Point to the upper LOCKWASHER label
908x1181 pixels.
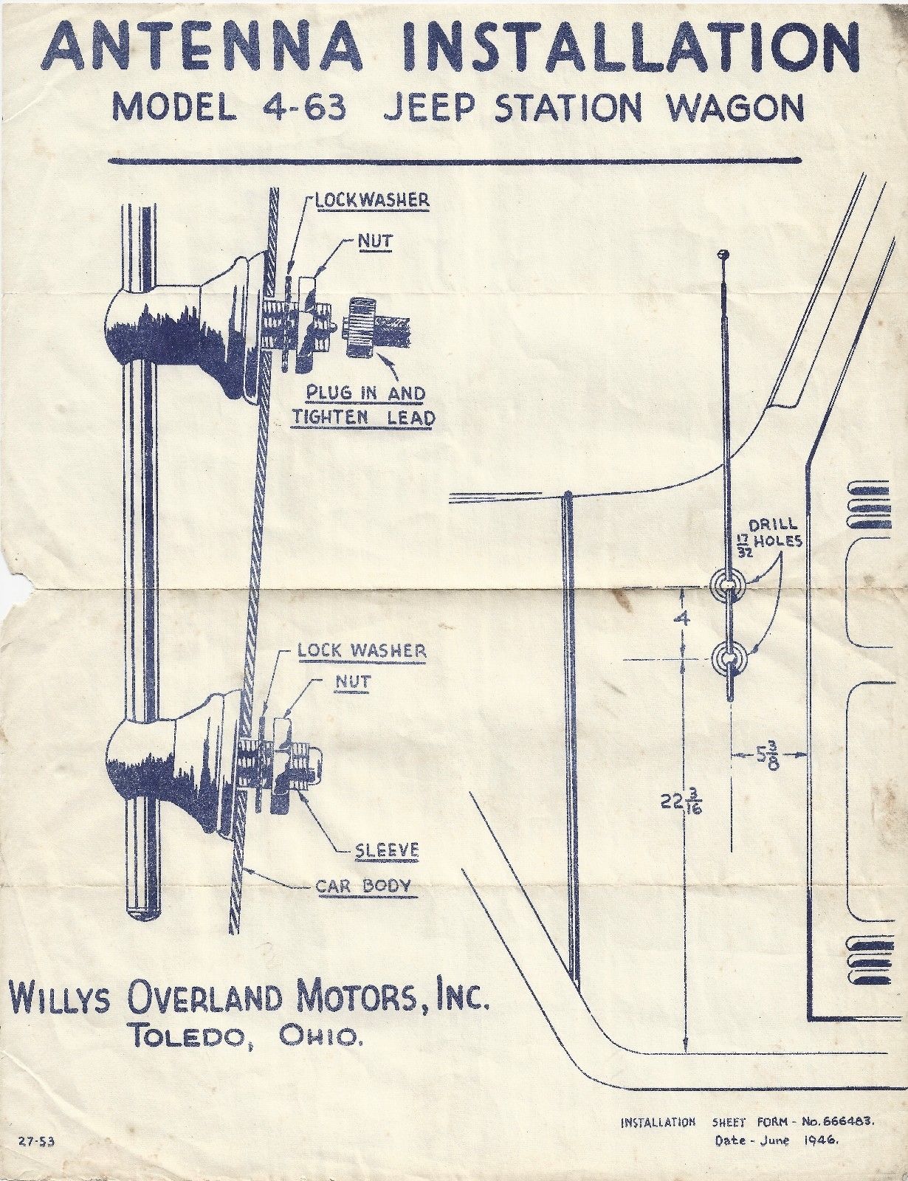[372, 200]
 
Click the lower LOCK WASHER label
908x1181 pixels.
[362, 650]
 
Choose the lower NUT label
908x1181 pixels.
[353, 681]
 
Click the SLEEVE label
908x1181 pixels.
[387, 850]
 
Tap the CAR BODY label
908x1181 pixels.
[363, 885]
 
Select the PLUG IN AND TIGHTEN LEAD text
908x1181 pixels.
[363, 404]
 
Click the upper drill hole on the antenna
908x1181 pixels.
[729, 585]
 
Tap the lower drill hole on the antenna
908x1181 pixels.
[729, 656]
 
